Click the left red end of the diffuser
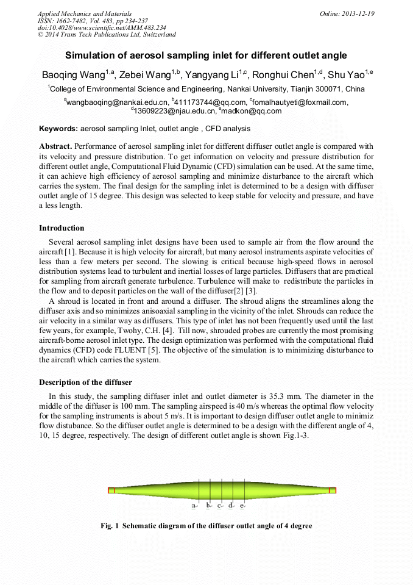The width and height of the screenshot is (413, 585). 111,490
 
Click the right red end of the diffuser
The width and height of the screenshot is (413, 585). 333,490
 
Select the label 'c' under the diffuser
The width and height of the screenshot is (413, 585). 219,506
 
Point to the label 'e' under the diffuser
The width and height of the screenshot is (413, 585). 242,506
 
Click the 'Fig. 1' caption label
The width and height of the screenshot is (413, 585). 110,526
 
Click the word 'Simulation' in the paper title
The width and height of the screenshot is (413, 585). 91,55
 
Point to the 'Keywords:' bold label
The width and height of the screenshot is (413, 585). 58,129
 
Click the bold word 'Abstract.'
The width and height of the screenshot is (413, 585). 55,146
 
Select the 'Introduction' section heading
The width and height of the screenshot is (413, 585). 62,228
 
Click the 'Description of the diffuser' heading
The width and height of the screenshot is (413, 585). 85,382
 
